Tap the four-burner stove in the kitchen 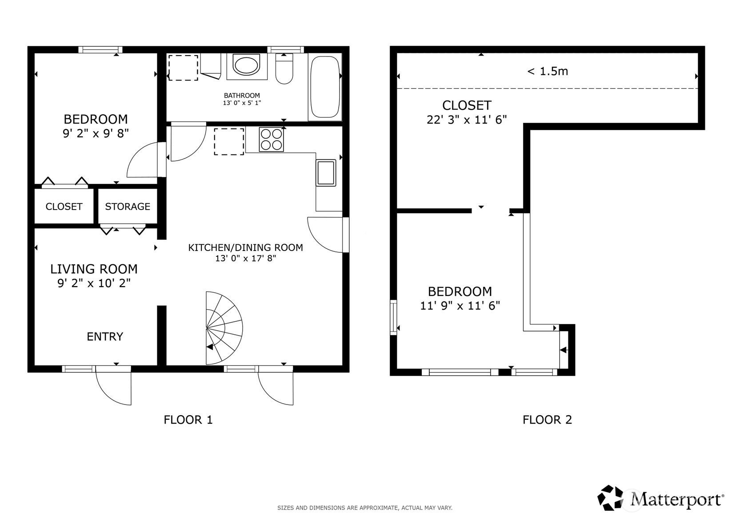(x=271, y=139)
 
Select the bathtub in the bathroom (x=325, y=87)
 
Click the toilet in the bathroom (x=284, y=69)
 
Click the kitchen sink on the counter (x=326, y=173)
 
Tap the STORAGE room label (x=128, y=206)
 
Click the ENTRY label (x=105, y=336)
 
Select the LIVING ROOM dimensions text (x=94, y=283)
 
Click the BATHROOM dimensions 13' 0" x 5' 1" (x=242, y=103)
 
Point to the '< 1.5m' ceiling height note (x=548, y=71)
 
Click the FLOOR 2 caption (x=548, y=420)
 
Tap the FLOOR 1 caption (x=188, y=420)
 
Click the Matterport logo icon (x=610, y=498)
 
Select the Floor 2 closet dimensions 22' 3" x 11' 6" (x=467, y=120)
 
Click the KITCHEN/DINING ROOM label (x=245, y=247)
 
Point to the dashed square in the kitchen (x=229, y=142)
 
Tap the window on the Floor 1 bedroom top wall (x=100, y=50)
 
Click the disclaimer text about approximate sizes (x=365, y=508)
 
